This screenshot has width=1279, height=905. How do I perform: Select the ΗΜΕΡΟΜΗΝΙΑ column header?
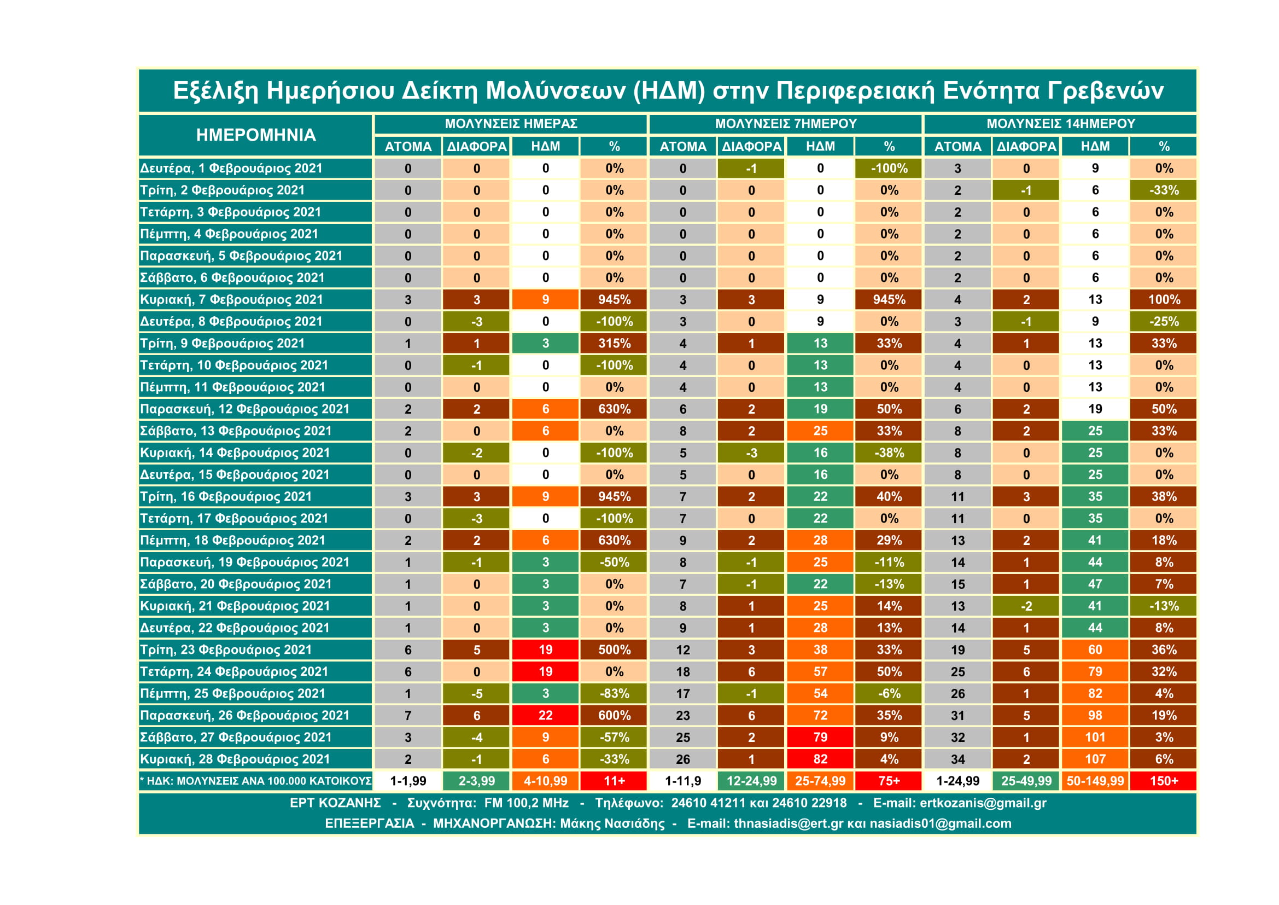tap(256, 135)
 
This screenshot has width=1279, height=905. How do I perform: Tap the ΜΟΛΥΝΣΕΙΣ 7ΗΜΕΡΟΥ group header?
tap(785, 124)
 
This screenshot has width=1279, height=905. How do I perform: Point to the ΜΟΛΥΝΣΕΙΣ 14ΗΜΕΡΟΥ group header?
tap(1061, 124)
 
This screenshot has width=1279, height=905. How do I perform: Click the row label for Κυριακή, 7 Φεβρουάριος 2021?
tap(231, 300)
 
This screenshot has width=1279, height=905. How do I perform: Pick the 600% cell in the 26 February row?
tap(614, 716)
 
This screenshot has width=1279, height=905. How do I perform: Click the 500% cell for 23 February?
tap(614, 650)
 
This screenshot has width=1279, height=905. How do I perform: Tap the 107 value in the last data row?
tap(1095, 759)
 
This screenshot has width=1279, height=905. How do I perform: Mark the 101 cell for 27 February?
tap(1095, 737)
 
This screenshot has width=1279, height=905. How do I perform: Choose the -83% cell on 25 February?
tap(614, 694)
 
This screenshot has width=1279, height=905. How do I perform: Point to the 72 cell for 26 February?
tap(820, 716)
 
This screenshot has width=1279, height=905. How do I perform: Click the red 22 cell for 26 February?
tap(545, 716)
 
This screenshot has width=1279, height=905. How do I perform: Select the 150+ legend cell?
tap(1164, 781)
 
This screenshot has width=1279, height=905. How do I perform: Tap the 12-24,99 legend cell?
tap(751, 781)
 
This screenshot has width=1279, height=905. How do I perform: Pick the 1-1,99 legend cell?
tap(408, 781)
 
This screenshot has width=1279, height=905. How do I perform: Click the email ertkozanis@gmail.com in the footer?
tap(983, 803)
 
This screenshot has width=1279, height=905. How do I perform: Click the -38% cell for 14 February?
tap(889, 453)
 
